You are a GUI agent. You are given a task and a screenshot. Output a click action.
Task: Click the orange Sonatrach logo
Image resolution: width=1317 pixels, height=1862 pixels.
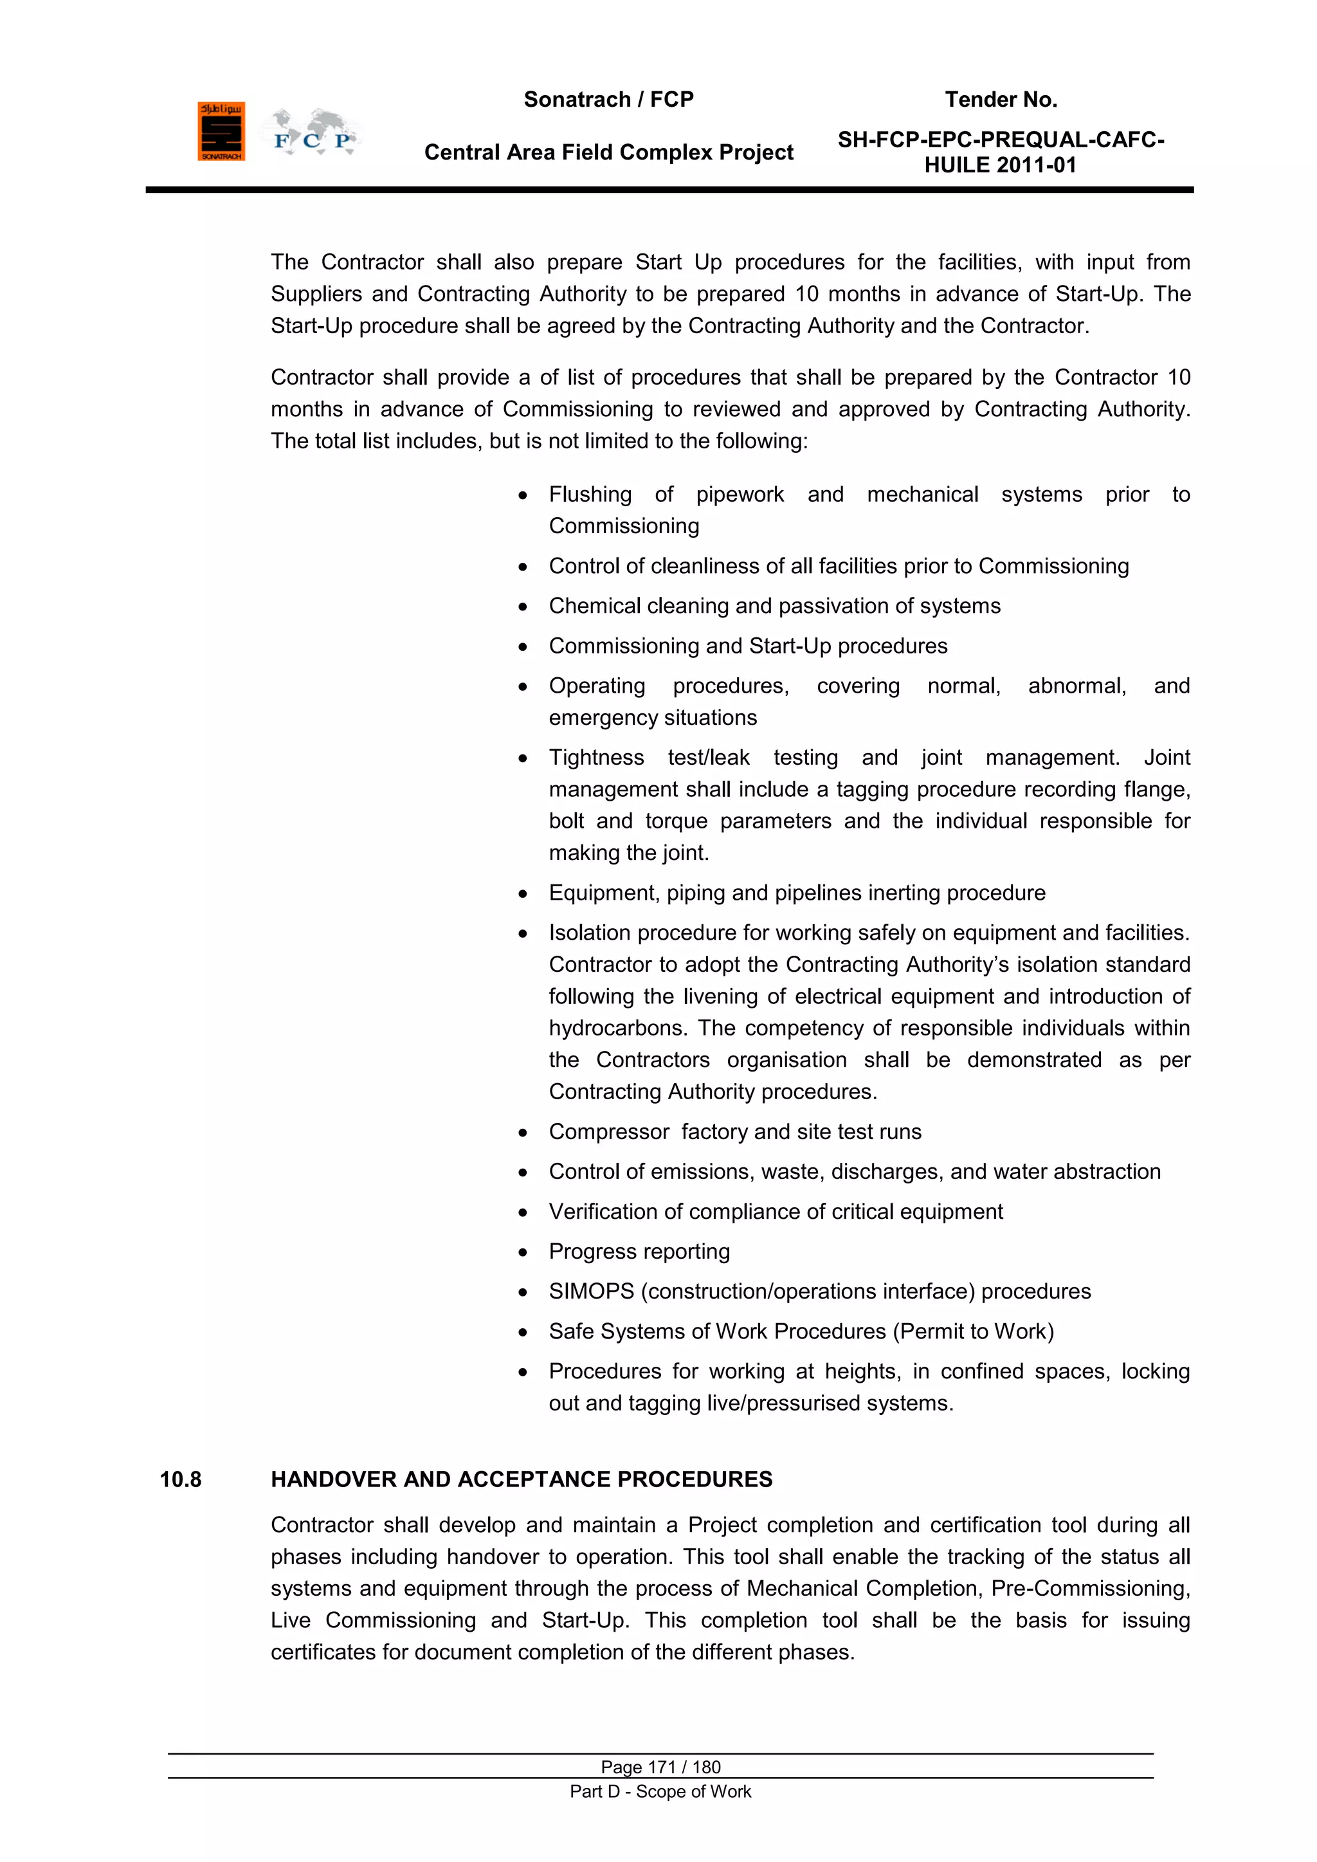point(221,131)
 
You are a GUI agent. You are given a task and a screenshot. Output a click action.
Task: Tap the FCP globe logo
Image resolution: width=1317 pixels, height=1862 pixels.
point(311,133)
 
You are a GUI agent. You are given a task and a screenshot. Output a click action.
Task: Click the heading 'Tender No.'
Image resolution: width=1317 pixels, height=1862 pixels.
point(1001,100)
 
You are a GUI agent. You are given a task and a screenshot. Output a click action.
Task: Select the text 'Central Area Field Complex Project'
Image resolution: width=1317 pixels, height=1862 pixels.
point(608,152)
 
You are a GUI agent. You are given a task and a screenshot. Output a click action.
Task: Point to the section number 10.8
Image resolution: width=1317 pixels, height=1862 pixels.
point(180,1479)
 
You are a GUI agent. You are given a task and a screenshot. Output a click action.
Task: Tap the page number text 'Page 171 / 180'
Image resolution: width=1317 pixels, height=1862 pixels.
point(660,1767)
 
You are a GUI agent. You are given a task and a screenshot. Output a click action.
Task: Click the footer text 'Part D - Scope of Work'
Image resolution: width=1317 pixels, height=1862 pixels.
point(660,1791)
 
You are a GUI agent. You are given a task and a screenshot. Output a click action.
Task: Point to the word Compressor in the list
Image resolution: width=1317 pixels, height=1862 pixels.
point(609,1132)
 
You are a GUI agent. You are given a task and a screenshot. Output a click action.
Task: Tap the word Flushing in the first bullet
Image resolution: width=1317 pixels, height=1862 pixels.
point(590,495)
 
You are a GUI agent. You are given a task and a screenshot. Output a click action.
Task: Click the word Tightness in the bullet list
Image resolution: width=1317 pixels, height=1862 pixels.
point(596,758)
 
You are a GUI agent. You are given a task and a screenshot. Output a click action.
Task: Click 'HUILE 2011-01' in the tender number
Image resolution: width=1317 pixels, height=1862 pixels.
point(1000,165)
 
